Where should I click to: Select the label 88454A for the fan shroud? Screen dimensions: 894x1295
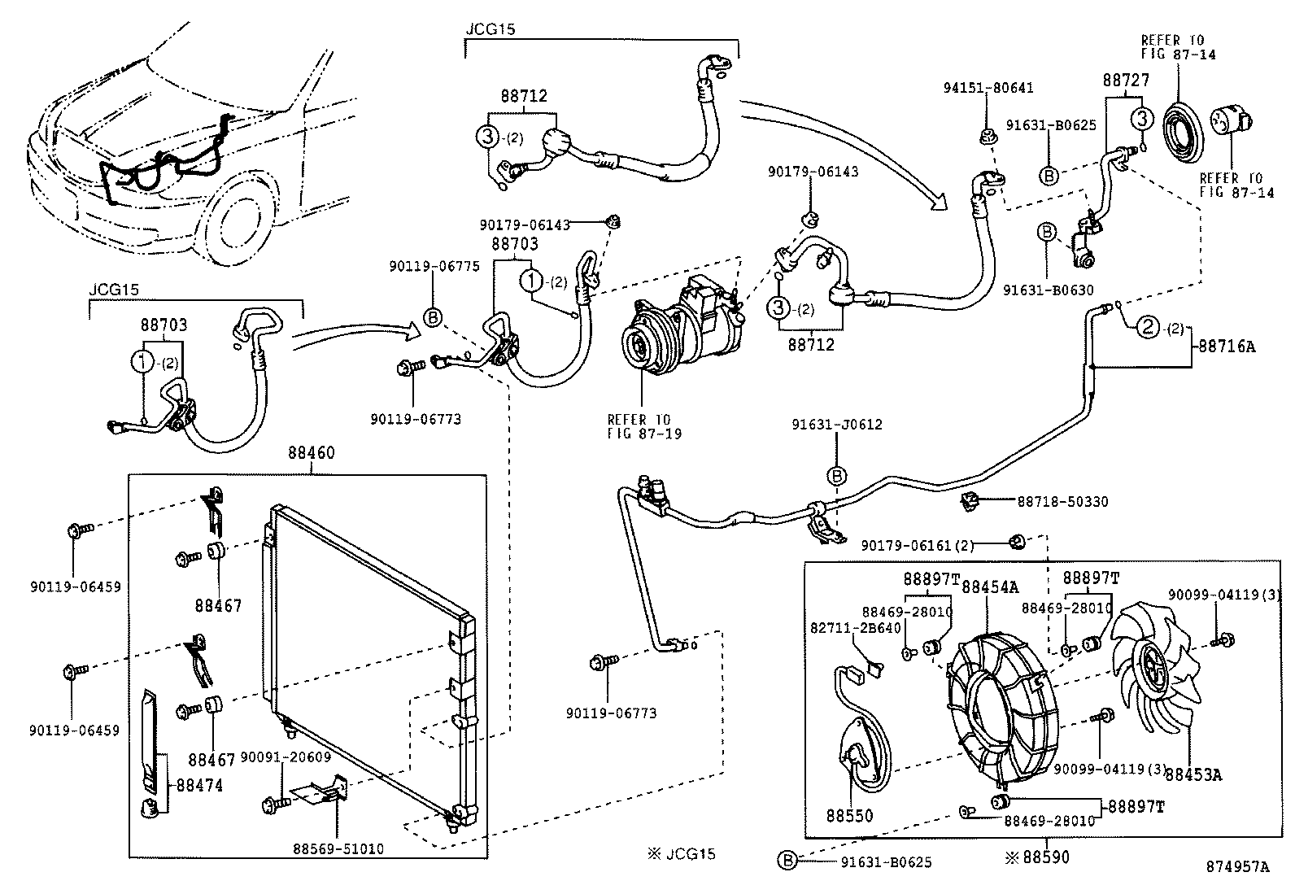click(990, 587)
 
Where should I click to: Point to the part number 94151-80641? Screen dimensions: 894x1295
click(988, 88)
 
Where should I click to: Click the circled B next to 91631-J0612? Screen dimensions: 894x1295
click(837, 475)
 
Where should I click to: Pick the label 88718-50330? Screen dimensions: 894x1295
click(1062, 502)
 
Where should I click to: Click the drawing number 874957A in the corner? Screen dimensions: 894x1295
click(1237, 867)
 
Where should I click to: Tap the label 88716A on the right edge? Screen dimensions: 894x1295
click(1226, 347)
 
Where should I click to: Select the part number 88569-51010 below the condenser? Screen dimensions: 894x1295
click(338, 849)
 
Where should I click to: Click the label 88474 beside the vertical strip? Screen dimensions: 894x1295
click(194, 786)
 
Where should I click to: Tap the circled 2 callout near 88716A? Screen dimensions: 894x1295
click(1147, 328)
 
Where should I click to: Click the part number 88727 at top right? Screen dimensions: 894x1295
click(1126, 81)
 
